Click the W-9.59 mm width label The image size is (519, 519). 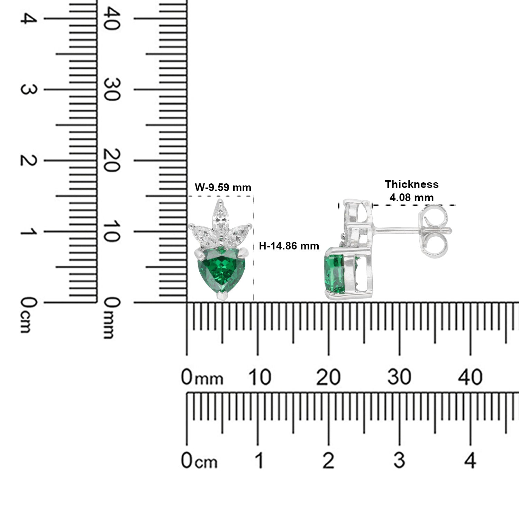point(223,188)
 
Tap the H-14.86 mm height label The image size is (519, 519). point(289,246)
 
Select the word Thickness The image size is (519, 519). point(412,184)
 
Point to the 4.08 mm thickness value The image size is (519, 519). point(411,198)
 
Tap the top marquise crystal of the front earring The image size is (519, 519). point(219,215)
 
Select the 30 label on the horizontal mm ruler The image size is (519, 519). point(399,377)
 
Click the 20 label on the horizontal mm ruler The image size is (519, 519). point(328,377)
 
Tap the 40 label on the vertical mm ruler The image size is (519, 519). point(112,18)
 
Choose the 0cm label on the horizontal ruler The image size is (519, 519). point(199,461)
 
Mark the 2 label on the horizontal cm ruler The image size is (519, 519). point(328,461)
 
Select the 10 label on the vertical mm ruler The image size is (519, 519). point(112,231)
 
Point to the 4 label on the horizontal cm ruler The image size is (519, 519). point(470,461)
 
